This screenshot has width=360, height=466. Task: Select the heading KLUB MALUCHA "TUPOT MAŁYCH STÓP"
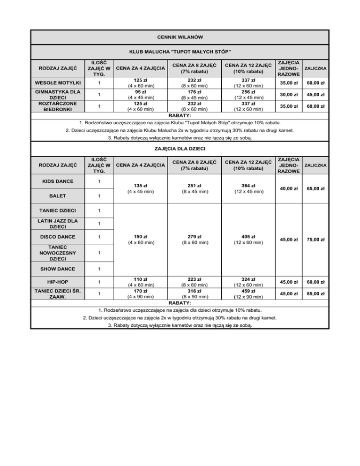pos(180,51)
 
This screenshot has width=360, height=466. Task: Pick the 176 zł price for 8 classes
pos(191,92)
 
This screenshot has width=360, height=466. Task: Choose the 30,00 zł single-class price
pos(286,95)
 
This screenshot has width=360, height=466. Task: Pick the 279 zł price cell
pos(191,236)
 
